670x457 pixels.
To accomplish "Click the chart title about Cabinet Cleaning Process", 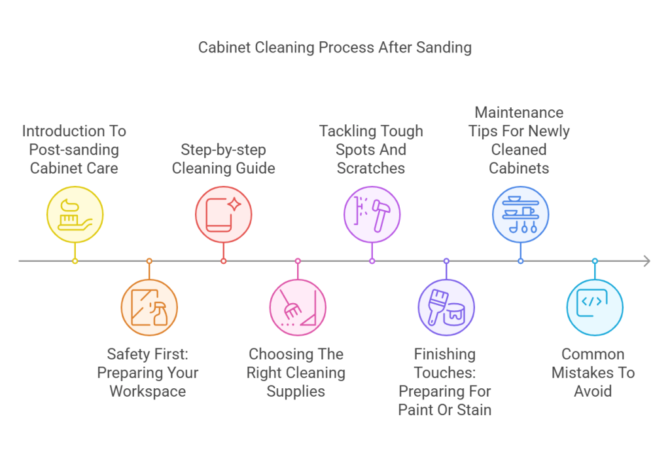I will (x=335, y=48).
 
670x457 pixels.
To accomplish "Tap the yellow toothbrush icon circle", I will (x=75, y=215).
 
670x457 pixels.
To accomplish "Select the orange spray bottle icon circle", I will (x=149, y=307).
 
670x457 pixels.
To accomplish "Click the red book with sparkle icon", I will (x=223, y=215).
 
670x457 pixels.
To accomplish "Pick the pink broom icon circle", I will (x=298, y=307).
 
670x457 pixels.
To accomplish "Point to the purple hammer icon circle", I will (x=372, y=215).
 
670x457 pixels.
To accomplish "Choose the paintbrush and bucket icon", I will (x=446, y=307).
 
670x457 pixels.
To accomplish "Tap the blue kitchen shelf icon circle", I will (x=520, y=215).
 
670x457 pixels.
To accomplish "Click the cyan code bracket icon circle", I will (x=595, y=307).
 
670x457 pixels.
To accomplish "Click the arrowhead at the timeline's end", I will (x=646, y=261).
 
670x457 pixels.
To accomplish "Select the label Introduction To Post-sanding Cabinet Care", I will (x=75, y=149).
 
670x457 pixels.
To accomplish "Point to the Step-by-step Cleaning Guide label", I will (x=223, y=158).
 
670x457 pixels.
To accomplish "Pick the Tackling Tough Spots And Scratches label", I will (x=371, y=149).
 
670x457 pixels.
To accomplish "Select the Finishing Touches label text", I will (x=445, y=382).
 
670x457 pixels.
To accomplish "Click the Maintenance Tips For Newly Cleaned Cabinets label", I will (x=520, y=140).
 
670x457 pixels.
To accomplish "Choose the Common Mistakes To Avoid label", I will (x=593, y=373).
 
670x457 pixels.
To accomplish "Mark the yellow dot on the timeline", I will (x=75, y=261).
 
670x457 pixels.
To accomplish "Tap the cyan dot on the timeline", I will (x=595, y=261).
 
